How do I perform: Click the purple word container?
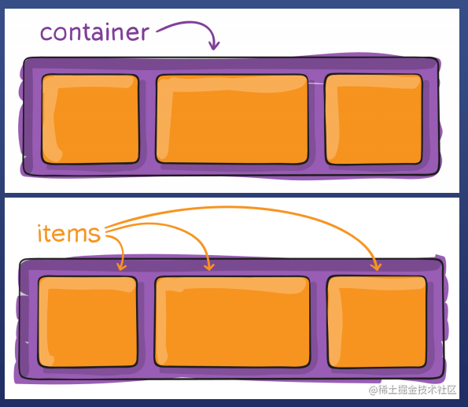pos(94,32)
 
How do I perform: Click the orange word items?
pos(69,234)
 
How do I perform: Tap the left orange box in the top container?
pos(90,119)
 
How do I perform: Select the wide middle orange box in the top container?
pos(231,119)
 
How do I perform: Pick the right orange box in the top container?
pos(374,119)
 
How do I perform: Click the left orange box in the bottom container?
pos(87,321)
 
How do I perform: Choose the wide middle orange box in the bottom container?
pos(231,321)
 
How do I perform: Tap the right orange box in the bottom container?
pos(377,321)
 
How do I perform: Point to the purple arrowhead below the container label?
pos(213,46)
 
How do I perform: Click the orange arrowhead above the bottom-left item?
pos(121,266)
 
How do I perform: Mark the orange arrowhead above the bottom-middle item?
pos(208,266)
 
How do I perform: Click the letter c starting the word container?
pos(46,34)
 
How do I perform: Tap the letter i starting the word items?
pos(40,233)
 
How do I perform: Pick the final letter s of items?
pos(95,235)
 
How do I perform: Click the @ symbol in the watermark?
pos(374,390)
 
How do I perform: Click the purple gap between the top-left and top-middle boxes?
pos(147,119)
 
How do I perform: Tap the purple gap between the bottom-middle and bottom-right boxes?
pos(318,321)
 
